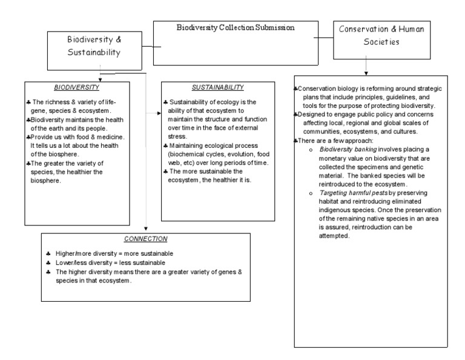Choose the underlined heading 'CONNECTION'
click(145, 239)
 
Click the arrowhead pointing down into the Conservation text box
click(365, 72)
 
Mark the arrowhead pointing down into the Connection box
click(147, 228)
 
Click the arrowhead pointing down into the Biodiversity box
click(99, 79)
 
